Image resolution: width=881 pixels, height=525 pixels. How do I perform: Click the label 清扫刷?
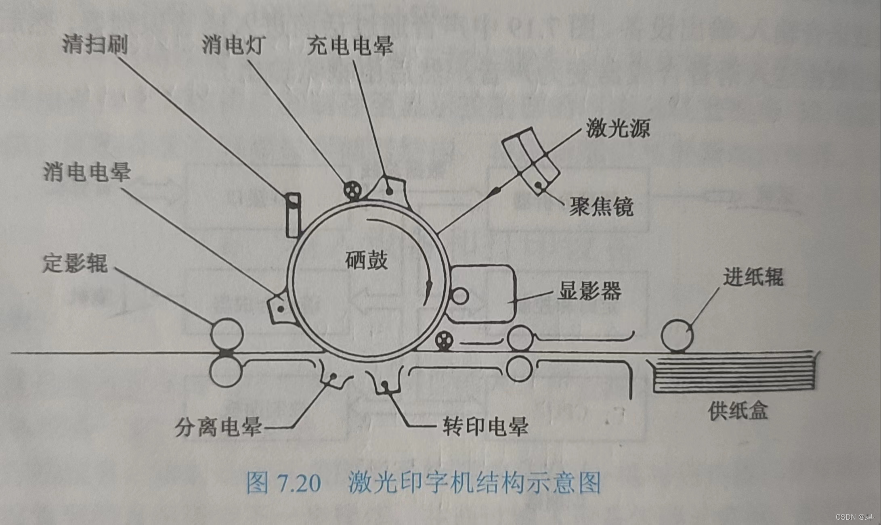pyautogui.click(x=95, y=44)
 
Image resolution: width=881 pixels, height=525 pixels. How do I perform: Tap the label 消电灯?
pyautogui.click(x=233, y=44)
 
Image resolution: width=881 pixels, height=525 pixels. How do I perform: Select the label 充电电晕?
pyautogui.click(x=350, y=45)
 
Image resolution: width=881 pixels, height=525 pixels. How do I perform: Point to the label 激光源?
pyautogui.click(x=618, y=128)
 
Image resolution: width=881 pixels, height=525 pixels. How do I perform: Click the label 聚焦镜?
pyautogui.click(x=601, y=207)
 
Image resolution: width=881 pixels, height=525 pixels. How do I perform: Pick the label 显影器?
pyautogui.click(x=589, y=290)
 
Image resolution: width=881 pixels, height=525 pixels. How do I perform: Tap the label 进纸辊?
pyautogui.click(x=753, y=277)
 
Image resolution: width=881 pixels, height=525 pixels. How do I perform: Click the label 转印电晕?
pyautogui.click(x=485, y=426)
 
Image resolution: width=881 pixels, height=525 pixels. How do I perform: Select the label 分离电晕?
pyautogui.click(x=218, y=427)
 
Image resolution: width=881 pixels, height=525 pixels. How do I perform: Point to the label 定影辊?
pyautogui.click(x=75, y=263)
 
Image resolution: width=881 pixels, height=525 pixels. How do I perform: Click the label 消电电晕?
pyautogui.click(x=87, y=172)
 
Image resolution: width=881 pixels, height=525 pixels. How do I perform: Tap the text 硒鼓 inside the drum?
pyautogui.click(x=366, y=260)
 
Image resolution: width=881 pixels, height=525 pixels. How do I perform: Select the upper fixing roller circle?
pyautogui.click(x=227, y=334)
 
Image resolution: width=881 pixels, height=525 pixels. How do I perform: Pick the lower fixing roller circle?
pyautogui.click(x=226, y=371)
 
